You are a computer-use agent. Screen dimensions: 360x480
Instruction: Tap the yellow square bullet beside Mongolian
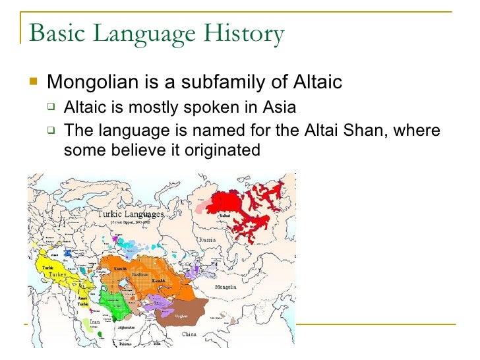[35, 82]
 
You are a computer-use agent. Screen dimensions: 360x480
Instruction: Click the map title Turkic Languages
[130, 214]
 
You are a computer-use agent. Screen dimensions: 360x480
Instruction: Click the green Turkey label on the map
[57, 274]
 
